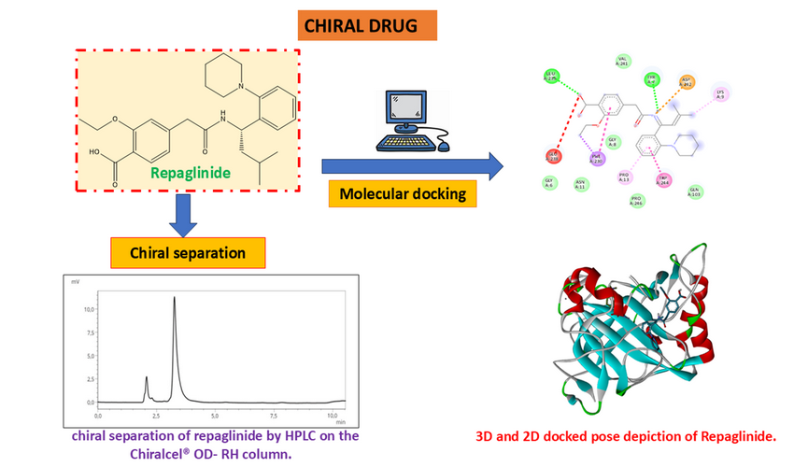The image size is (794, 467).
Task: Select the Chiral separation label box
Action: (188, 252)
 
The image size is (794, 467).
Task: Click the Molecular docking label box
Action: (402, 195)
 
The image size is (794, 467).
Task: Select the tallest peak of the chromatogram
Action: (174, 299)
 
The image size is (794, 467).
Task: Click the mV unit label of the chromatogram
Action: (76, 280)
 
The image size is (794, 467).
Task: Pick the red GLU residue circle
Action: (553, 154)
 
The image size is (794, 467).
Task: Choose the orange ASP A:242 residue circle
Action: (687, 82)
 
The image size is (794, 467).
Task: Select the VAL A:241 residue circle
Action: (622, 62)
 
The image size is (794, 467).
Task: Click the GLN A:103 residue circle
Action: (694, 192)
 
